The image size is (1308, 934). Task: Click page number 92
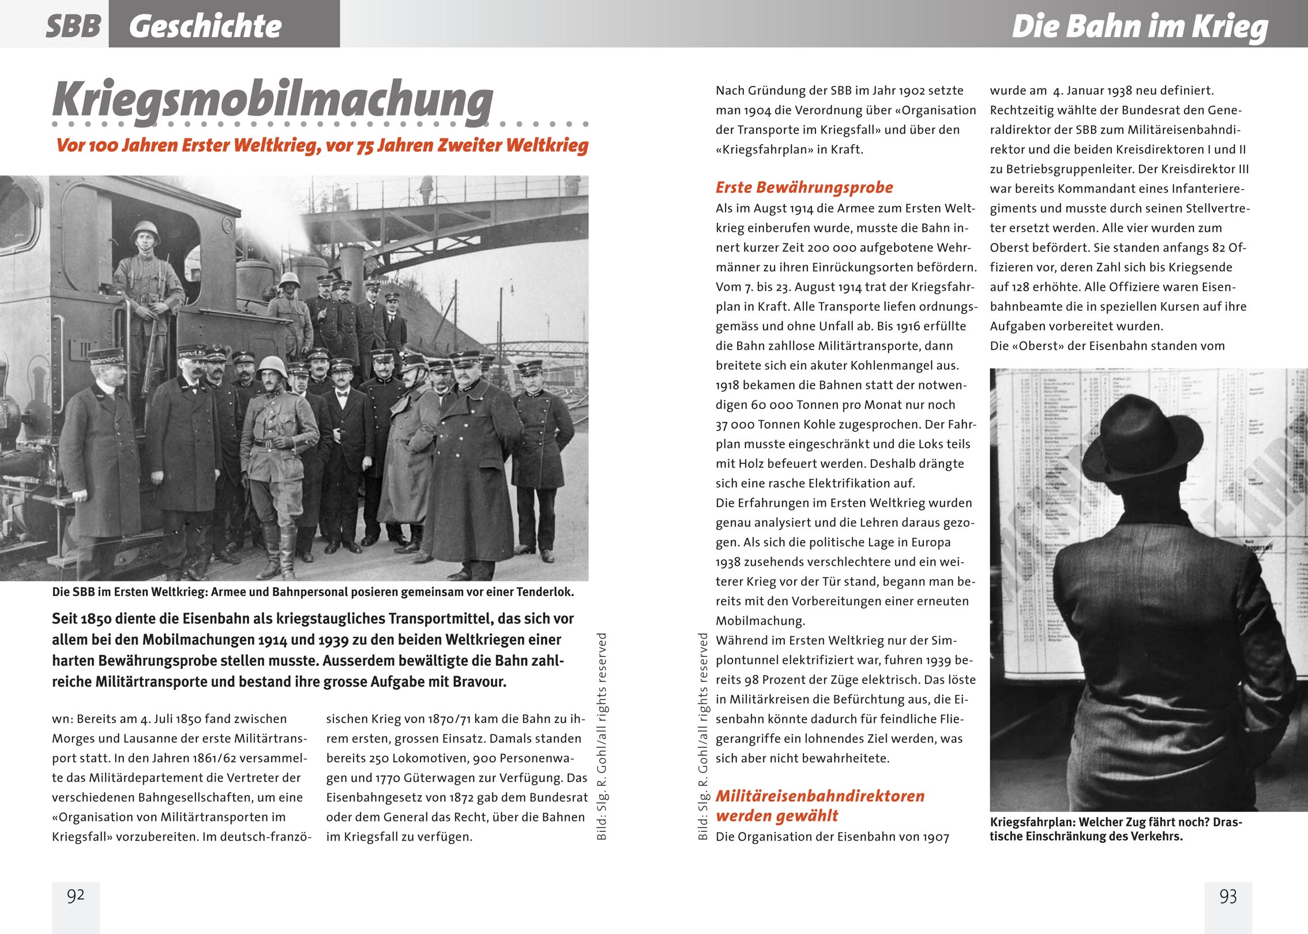(76, 895)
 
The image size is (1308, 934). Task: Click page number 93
(1228, 896)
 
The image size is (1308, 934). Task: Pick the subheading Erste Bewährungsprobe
(804, 187)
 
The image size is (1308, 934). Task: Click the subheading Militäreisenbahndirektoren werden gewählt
(820, 805)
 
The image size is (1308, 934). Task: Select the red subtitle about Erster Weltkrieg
(322, 145)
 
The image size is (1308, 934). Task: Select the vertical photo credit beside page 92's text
(602, 737)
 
